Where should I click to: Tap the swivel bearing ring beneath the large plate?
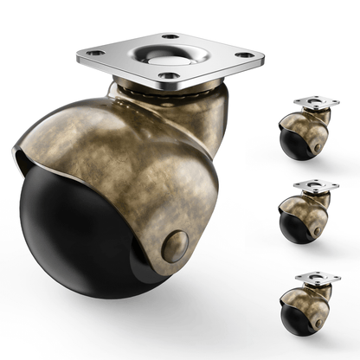164,90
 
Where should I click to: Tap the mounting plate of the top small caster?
316,103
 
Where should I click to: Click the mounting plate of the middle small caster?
316,185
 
